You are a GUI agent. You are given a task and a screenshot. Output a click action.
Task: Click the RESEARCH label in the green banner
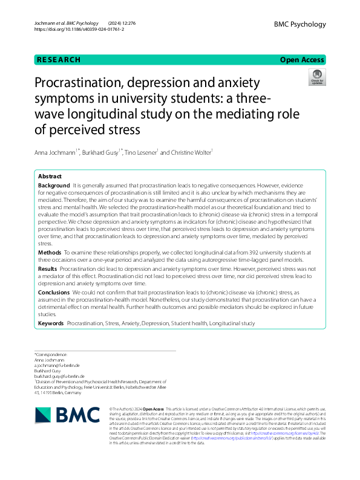[59, 60]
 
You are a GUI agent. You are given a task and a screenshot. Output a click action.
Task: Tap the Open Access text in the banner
[302, 60]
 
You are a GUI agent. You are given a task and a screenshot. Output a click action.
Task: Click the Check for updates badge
[316, 77]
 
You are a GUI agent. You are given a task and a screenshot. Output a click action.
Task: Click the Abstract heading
[50, 177]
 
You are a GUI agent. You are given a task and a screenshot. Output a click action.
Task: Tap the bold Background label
[54, 185]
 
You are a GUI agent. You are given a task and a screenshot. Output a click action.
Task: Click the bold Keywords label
[51, 324]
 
